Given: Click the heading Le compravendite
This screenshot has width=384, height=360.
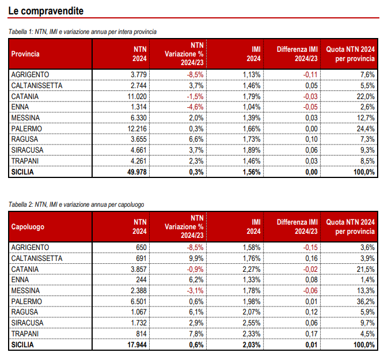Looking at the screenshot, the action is point(46,11).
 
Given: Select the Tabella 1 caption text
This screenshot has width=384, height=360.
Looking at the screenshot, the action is point(82,32).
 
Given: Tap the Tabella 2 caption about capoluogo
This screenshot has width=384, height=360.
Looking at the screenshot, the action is point(76,204).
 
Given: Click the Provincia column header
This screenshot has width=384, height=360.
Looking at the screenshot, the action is point(25,54).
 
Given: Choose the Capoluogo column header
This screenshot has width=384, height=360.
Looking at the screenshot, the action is point(28,227).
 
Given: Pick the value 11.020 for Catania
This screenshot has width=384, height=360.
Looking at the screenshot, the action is point(137,97).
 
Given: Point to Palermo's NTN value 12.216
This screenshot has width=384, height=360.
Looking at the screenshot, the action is point(137,128).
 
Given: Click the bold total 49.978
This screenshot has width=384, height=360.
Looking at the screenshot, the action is point(137,172).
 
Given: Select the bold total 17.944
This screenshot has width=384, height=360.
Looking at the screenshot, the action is point(137,345).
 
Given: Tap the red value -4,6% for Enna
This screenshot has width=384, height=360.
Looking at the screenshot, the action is point(195,107).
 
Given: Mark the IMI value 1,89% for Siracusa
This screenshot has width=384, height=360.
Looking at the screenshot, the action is point(252,150).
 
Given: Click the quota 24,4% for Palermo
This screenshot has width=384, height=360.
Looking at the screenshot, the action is point(366,128).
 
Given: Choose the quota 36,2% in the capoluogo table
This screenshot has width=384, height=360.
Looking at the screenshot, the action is point(366,301).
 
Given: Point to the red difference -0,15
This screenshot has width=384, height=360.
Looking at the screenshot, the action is point(310,248).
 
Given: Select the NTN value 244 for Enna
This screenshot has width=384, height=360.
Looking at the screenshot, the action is point(141,280).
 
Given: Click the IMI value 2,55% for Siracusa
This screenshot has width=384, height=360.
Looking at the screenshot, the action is point(252,323).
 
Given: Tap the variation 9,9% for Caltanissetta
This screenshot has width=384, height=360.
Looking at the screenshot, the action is point(196,258).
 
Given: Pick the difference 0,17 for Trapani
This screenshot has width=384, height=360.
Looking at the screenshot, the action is point(311,334).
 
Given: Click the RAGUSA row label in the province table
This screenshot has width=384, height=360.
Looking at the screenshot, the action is point(25,139).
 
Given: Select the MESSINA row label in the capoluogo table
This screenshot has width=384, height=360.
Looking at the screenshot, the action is point(25,291).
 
